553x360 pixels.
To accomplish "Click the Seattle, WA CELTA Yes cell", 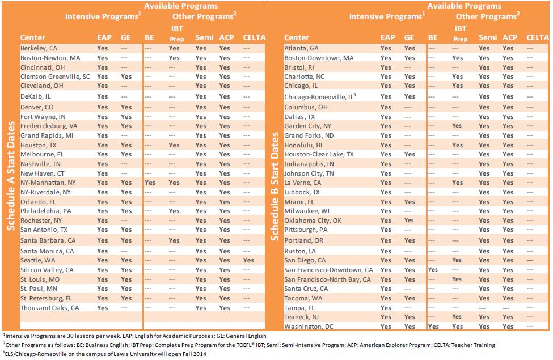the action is tap(248, 260).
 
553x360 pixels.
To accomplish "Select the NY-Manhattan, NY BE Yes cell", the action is tap(150, 183).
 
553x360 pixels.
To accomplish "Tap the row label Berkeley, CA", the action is tap(39, 48).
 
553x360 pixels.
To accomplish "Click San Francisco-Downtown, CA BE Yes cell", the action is tap(433, 270).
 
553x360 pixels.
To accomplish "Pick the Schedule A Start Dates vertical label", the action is tap(11, 176).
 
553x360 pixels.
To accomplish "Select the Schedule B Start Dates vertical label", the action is tap(275, 187).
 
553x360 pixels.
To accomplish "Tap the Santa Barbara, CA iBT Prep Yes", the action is tap(174, 240).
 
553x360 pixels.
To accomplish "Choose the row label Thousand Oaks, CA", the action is tap(50, 308).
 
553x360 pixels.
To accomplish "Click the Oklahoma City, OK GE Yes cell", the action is tap(409, 221).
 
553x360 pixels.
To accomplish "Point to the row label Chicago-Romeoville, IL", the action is tap(320, 96).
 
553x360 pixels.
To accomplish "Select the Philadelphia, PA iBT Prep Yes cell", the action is tap(174, 211).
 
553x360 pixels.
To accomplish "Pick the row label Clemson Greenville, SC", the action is tap(55, 77).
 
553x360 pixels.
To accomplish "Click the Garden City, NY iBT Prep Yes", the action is tap(457, 126).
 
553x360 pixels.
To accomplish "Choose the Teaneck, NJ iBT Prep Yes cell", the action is tap(457, 317).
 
